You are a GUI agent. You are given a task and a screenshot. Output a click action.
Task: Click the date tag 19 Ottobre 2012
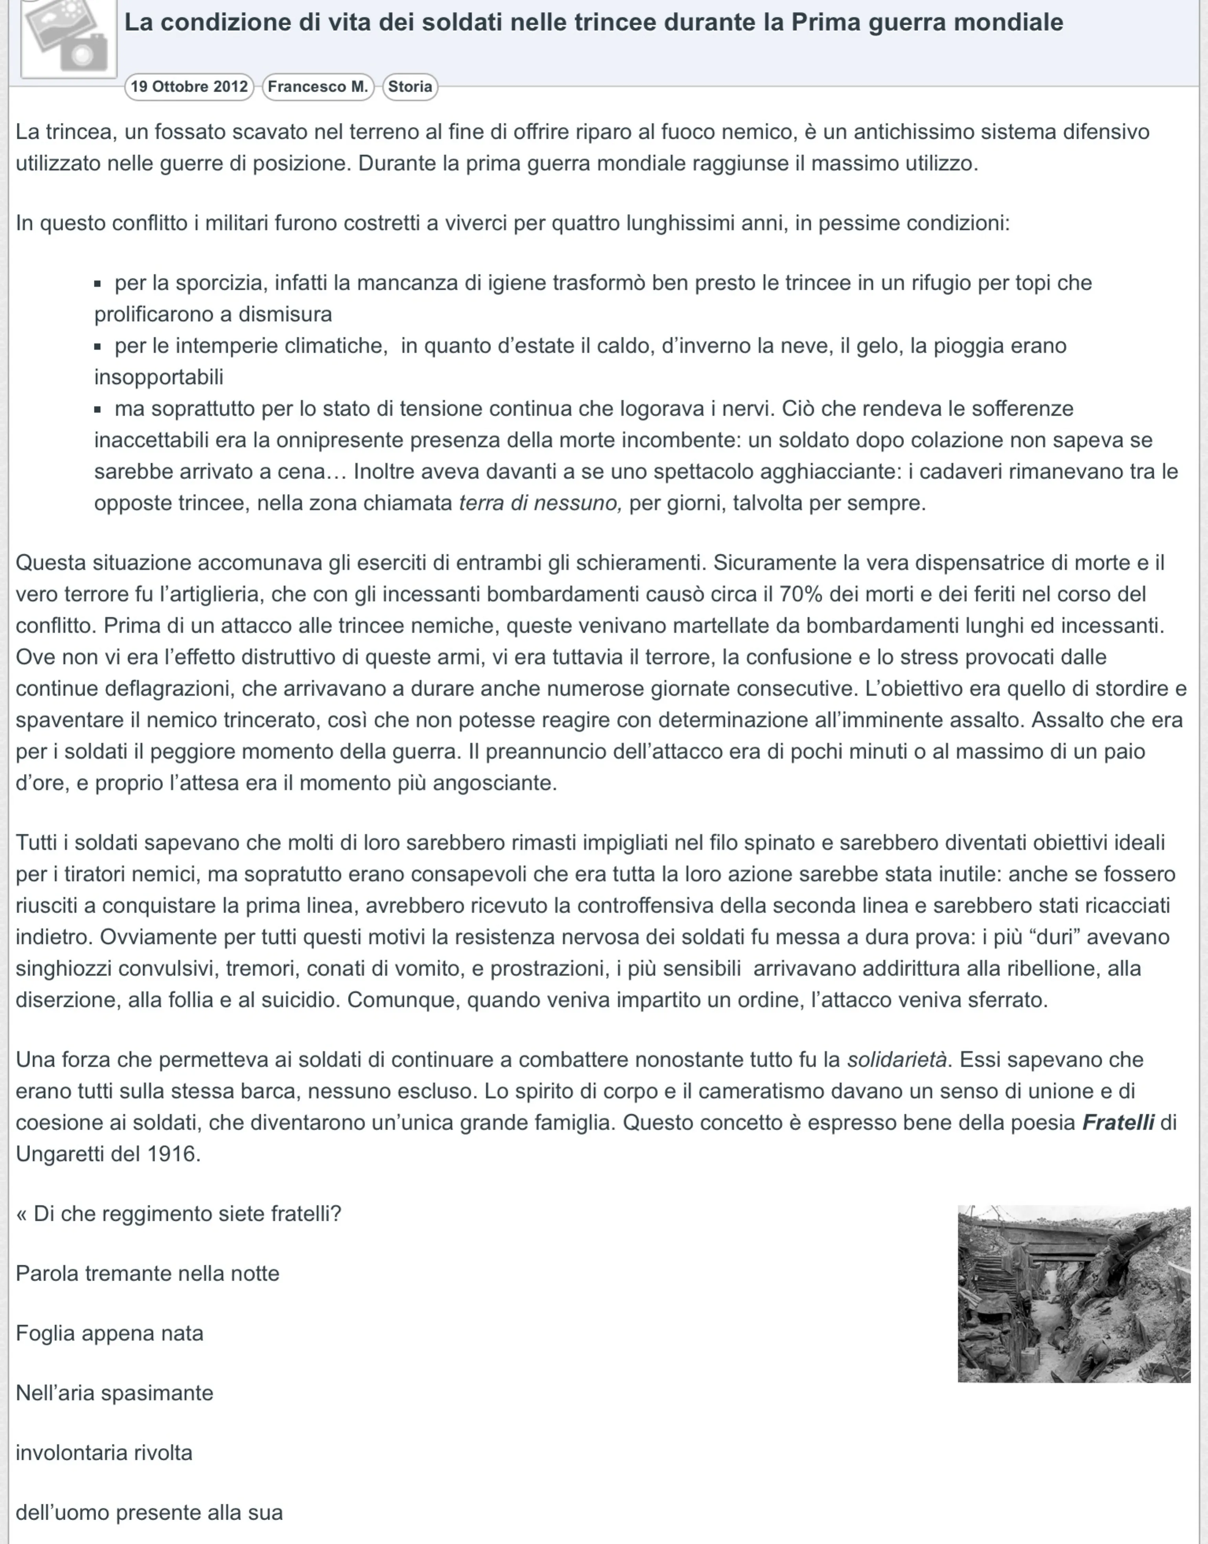coord(189,87)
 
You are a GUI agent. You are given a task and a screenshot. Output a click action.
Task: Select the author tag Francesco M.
coord(318,87)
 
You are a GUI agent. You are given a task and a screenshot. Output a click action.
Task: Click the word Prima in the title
coord(826,23)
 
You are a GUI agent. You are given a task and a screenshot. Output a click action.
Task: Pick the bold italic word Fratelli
coord(1118,1123)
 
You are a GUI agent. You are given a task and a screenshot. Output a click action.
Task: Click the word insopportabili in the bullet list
coord(158,377)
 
